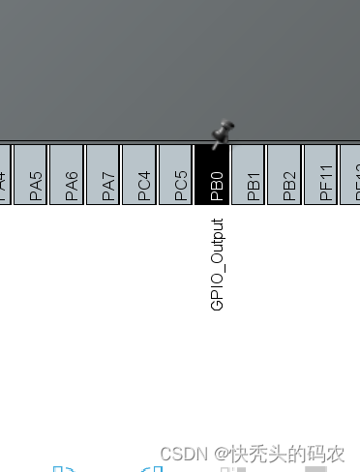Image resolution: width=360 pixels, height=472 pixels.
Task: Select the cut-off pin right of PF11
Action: click(x=351, y=175)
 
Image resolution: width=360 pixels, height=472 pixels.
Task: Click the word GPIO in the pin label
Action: click(x=217, y=293)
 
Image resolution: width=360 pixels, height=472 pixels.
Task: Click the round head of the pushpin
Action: click(x=227, y=127)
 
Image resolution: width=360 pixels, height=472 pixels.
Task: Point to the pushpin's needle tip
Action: click(x=214, y=145)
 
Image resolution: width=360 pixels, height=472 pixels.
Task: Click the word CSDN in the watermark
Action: click(x=179, y=454)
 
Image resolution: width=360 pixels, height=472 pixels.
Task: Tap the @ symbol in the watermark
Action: click(x=221, y=454)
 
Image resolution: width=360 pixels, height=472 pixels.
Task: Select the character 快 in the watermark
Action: click(x=238, y=454)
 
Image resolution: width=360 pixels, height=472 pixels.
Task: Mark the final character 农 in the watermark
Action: click(x=335, y=454)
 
